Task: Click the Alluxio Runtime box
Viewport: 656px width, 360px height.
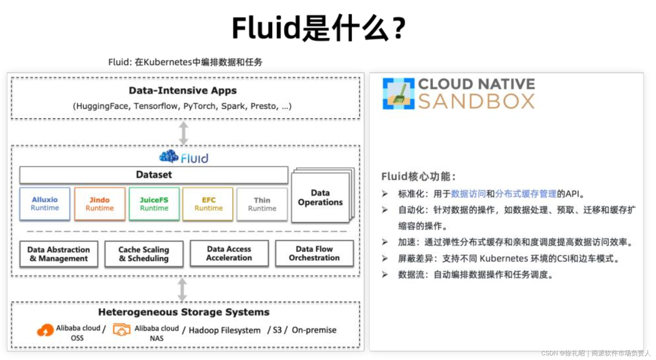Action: pos(45,204)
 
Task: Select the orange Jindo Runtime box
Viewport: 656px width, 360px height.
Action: pos(100,204)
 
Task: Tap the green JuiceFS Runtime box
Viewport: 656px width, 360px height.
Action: pos(154,204)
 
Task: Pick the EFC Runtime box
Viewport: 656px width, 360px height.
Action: pos(208,204)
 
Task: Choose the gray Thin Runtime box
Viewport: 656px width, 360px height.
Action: pos(262,204)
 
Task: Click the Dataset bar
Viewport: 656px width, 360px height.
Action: pos(154,175)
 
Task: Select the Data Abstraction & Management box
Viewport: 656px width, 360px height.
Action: pos(59,254)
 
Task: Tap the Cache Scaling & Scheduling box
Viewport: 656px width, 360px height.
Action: pos(144,254)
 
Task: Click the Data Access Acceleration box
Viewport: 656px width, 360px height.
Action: pos(229,253)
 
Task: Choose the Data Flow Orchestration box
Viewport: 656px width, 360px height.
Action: pos(314,253)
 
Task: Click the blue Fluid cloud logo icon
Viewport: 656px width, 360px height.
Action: pos(169,157)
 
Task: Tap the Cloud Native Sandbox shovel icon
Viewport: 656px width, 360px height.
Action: pos(398,94)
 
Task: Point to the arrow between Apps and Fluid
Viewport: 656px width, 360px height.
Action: pos(184,133)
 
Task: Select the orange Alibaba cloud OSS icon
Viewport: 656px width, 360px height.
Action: pos(45,330)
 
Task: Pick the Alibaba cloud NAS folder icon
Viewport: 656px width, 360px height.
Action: pos(121,330)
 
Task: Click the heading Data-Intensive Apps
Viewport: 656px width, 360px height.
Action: pos(183,90)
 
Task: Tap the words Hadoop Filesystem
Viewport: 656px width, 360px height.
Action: pos(225,330)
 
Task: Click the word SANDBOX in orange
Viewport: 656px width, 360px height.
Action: pos(476,101)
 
